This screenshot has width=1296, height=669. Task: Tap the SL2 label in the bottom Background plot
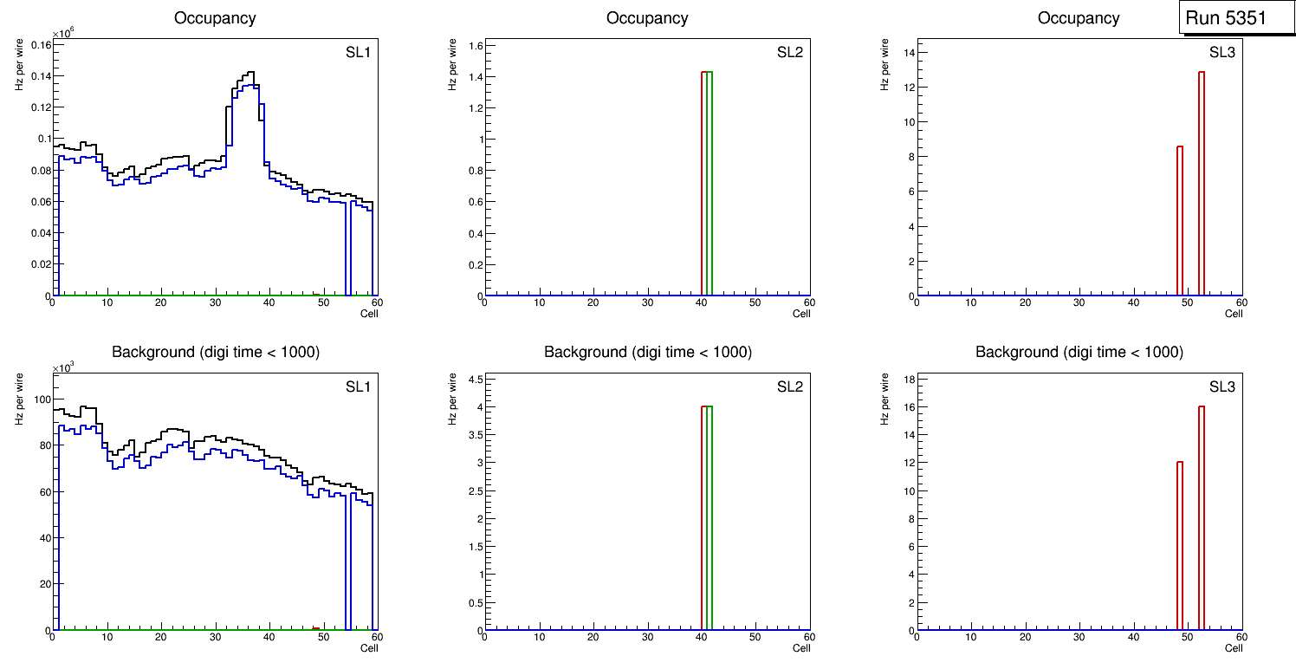point(789,386)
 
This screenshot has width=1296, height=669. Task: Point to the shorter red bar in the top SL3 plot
point(1180,221)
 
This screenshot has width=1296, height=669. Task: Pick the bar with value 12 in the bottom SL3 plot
point(1180,546)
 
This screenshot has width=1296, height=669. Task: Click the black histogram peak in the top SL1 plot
point(250,73)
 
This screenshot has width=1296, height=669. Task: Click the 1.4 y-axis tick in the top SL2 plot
point(473,77)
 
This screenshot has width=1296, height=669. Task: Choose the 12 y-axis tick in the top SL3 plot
point(905,88)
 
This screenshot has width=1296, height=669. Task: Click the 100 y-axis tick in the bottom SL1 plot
point(39,399)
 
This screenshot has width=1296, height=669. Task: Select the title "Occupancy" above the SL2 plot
point(647,18)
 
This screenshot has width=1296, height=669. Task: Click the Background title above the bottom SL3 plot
point(1079,352)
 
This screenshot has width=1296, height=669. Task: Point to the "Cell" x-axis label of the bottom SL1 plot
point(369,647)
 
